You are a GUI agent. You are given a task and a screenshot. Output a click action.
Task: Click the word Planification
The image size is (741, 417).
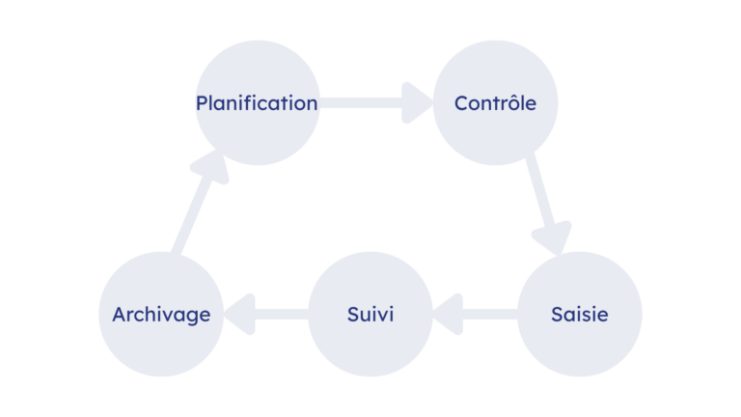click(257, 103)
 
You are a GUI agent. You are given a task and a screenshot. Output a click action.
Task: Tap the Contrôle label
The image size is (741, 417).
click(495, 103)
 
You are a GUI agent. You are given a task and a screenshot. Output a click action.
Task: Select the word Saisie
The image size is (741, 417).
click(580, 315)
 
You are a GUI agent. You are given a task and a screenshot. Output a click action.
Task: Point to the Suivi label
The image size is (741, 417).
click(370, 315)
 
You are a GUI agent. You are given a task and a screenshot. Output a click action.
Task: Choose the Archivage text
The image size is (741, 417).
click(162, 316)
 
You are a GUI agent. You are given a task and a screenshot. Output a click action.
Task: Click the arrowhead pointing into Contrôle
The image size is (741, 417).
click(417, 103)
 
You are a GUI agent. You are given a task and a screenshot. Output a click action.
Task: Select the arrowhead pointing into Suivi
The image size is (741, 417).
click(448, 315)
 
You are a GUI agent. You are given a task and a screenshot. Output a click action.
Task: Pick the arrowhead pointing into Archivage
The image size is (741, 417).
click(240, 315)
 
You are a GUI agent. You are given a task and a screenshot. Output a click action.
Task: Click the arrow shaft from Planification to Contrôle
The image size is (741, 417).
click(361, 103)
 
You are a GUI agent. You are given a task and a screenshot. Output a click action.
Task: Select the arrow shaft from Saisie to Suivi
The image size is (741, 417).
click(490, 315)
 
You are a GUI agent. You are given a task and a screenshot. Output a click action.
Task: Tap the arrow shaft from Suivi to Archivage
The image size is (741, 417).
click(282, 315)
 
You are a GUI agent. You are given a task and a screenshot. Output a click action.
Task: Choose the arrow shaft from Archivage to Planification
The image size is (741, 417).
click(191, 215)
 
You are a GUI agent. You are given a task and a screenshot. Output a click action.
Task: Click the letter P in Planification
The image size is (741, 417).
click(202, 103)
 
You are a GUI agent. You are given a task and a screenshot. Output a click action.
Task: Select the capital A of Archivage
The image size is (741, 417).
click(120, 315)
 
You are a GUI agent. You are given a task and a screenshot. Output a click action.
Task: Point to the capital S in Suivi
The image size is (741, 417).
click(354, 315)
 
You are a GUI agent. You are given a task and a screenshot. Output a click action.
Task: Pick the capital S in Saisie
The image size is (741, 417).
click(558, 315)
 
